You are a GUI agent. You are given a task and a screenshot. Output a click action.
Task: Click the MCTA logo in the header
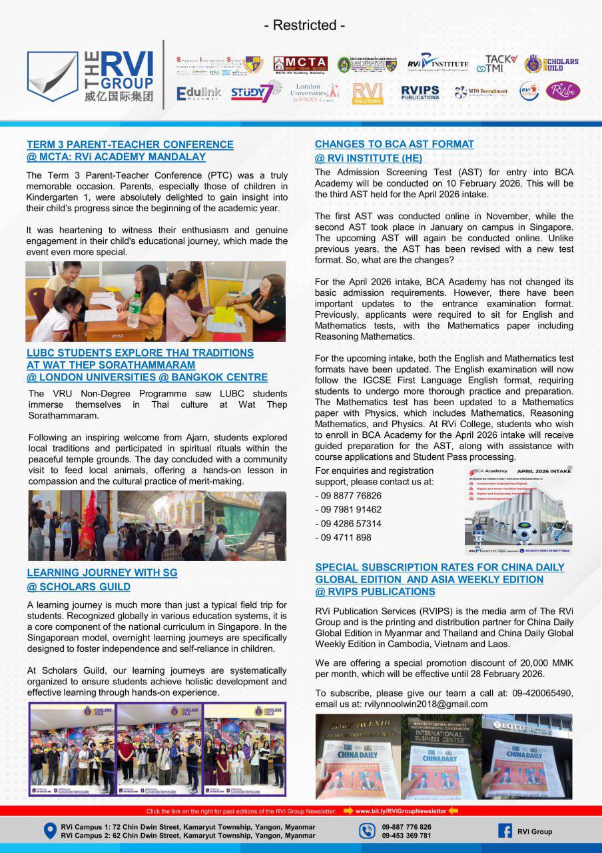click(x=300, y=65)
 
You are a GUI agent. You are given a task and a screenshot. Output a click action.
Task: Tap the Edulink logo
click(x=198, y=93)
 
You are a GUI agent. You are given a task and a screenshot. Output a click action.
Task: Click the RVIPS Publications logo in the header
click(x=420, y=92)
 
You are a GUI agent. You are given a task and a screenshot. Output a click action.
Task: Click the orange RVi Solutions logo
click(x=368, y=93)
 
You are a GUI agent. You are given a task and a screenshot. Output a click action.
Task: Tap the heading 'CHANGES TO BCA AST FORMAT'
click(x=394, y=144)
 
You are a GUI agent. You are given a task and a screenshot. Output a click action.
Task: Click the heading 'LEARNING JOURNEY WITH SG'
click(x=102, y=572)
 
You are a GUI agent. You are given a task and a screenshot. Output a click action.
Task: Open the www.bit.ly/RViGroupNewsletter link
click(x=401, y=811)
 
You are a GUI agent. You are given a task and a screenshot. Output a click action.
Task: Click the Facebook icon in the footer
click(x=505, y=831)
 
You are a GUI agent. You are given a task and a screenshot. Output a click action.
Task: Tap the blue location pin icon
click(x=49, y=831)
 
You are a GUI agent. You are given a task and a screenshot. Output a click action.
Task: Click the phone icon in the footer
click(x=366, y=831)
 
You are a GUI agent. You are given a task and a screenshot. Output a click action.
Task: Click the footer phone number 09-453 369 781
click(x=406, y=836)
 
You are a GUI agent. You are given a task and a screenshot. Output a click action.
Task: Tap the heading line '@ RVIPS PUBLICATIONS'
click(x=375, y=592)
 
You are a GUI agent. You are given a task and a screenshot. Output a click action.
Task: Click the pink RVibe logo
click(x=563, y=91)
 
